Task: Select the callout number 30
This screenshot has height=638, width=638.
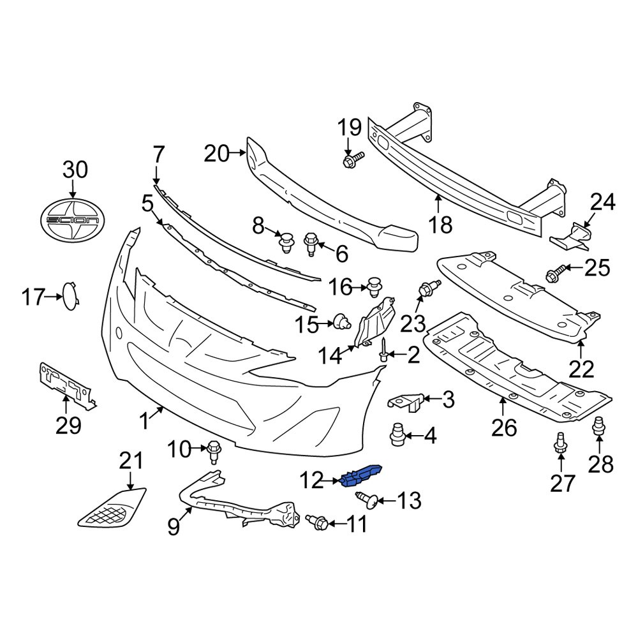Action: (x=75, y=170)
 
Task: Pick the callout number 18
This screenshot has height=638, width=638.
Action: (x=441, y=224)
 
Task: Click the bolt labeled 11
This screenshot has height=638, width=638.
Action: (x=318, y=523)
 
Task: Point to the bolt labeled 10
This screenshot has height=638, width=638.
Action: (x=214, y=452)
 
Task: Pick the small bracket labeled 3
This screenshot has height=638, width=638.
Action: (x=406, y=401)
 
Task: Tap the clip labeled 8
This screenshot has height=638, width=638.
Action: (x=286, y=244)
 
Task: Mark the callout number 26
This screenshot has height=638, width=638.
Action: (x=503, y=427)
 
